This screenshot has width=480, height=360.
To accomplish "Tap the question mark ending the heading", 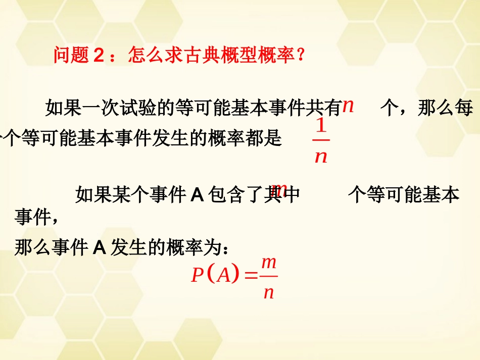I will (x=301, y=55).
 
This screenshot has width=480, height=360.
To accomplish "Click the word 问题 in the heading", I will (x=71, y=55).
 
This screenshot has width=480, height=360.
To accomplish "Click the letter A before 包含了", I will (x=197, y=195).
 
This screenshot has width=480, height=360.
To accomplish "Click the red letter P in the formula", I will (x=198, y=276).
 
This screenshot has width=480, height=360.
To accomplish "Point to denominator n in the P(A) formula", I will (x=269, y=292).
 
